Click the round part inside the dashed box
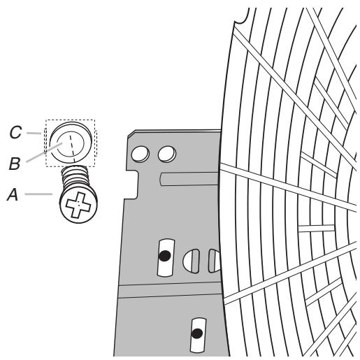click(70, 143)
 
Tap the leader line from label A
click(38, 193)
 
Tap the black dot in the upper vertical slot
click(164, 255)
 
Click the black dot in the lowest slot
click(198, 333)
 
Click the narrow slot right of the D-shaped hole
click(211, 261)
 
